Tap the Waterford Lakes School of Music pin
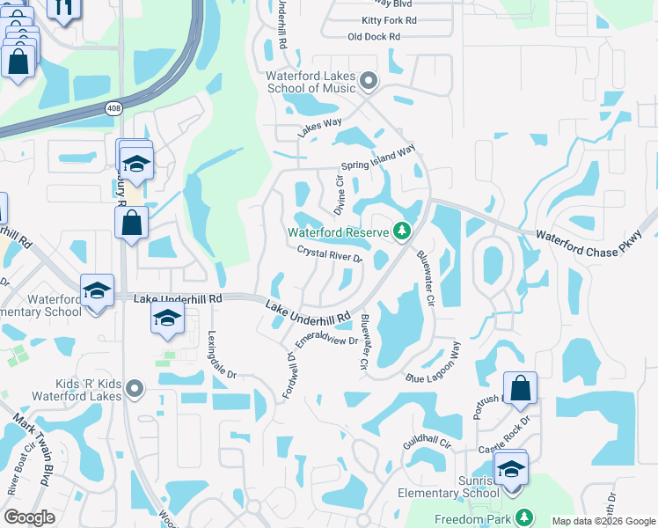pyautogui.click(x=369, y=82)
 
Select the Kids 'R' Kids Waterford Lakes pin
pyautogui.click(x=134, y=387)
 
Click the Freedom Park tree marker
pyautogui.click(x=524, y=517)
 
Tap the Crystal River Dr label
pyautogui.click(x=330, y=254)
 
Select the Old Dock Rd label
pyautogui.click(x=374, y=37)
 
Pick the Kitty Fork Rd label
pyautogui.click(x=389, y=19)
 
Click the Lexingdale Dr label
pyautogui.click(x=223, y=355)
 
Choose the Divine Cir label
pyautogui.click(x=338, y=192)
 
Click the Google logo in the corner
pyautogui.click(x=29, y=517)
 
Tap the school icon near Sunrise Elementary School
pyautogui.click(x=511, y=471)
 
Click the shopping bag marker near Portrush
pyautogui.click(x=521, y=387)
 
